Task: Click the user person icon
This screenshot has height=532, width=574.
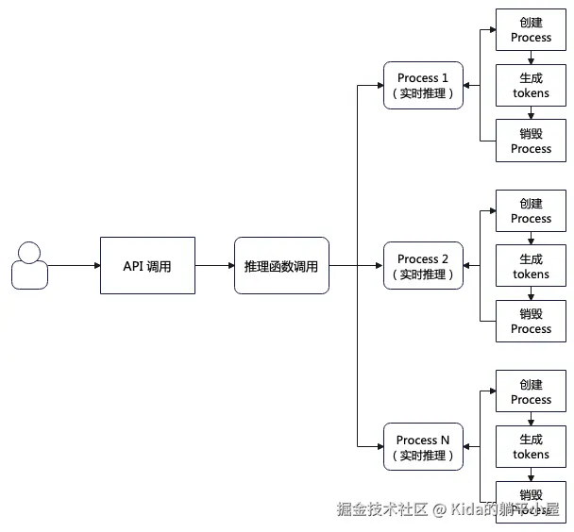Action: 29,265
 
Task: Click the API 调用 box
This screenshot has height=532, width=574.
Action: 147,265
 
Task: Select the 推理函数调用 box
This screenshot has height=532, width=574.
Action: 281,265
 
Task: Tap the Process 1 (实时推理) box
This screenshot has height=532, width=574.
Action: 424,85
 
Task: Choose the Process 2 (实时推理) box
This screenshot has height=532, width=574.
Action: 424,265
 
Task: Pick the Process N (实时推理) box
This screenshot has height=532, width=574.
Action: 424,446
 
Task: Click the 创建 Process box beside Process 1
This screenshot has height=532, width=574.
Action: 531,29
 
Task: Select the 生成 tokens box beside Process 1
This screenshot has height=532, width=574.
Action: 531,85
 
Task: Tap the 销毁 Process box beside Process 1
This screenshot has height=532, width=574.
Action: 531,141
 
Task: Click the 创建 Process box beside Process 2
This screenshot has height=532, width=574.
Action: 531,210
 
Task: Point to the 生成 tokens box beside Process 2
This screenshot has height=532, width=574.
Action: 531,266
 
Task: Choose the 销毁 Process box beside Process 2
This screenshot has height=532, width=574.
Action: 531,321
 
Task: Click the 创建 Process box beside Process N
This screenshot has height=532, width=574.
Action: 531,391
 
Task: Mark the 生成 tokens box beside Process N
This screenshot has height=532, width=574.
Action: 531,446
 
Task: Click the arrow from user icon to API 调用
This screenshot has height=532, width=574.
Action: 74,265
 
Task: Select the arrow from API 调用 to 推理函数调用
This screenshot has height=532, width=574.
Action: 214,265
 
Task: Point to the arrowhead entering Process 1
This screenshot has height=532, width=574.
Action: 379,85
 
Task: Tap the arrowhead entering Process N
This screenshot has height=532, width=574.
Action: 379,446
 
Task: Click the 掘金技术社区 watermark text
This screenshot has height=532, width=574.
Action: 383,509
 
